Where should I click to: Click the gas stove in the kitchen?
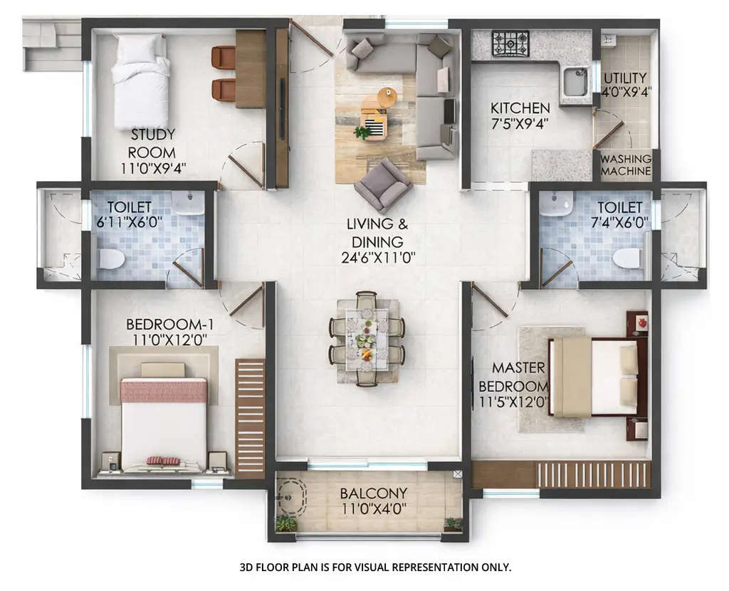click(510, 43)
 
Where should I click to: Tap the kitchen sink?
click(574, 83)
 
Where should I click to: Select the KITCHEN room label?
click(520, 108)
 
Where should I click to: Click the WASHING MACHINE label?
click(626, 165)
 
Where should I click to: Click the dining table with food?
click(367, 338)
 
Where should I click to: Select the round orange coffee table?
click(387, 97)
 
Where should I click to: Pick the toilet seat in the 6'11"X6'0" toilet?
click(112, 258)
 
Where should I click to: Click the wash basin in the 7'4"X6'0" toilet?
click(555, 203)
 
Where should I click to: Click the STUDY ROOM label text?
click(152, 143)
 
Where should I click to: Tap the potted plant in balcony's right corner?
click(452, 524)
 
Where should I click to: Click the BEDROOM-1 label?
click(169, 325)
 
